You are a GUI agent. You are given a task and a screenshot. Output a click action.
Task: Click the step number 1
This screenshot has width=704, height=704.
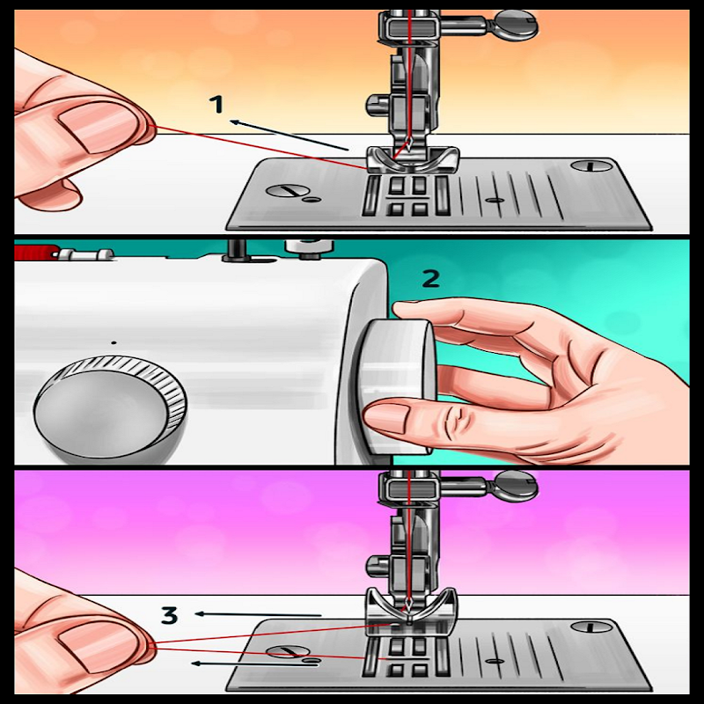click(216, 105)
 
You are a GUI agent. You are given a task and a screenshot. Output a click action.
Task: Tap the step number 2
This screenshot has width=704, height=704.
click(431, 279)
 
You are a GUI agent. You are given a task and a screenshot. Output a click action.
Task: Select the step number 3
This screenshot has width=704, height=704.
click(169, 615)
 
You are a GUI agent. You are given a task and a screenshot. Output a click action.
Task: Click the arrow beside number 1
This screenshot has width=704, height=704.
click(290, 135)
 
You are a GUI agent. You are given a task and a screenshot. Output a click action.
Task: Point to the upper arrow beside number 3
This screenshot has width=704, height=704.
click(259, 614)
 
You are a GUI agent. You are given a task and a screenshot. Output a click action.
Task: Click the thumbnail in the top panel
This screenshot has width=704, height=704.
click(97, 129)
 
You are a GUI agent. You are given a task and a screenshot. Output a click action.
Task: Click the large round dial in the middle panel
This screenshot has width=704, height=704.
click(110, 409)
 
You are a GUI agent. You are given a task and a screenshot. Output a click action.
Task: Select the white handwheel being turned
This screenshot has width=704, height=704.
click(396, 386)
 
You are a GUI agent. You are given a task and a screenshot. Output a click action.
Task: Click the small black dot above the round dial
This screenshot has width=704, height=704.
click(114, 342)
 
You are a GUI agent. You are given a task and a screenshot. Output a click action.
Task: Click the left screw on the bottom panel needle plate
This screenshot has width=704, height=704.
click(288, 652)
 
